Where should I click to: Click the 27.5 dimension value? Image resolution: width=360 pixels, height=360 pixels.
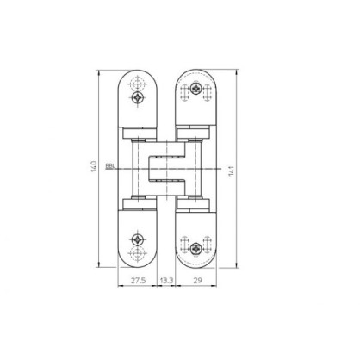click(x=139, y=281)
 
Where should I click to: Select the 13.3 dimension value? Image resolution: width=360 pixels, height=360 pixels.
click(x=167, y=281)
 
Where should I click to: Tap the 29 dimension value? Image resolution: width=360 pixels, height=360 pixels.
click(x=197, y=281)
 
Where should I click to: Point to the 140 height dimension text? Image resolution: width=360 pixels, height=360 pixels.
click(x=94, y=167)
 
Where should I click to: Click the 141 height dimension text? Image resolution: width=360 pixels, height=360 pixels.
click(x=232, y=171)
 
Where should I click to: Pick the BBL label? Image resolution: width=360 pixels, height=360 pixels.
click(x=109, y=166)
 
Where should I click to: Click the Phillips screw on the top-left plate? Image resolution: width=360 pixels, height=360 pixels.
click(x=138, y=97)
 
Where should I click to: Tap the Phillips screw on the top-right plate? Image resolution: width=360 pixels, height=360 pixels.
click(x=196, y=88)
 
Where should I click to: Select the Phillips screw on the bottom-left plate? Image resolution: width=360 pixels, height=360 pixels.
click(x=138, y=239)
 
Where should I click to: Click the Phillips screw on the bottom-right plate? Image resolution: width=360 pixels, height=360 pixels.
click(x=196, y=248)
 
